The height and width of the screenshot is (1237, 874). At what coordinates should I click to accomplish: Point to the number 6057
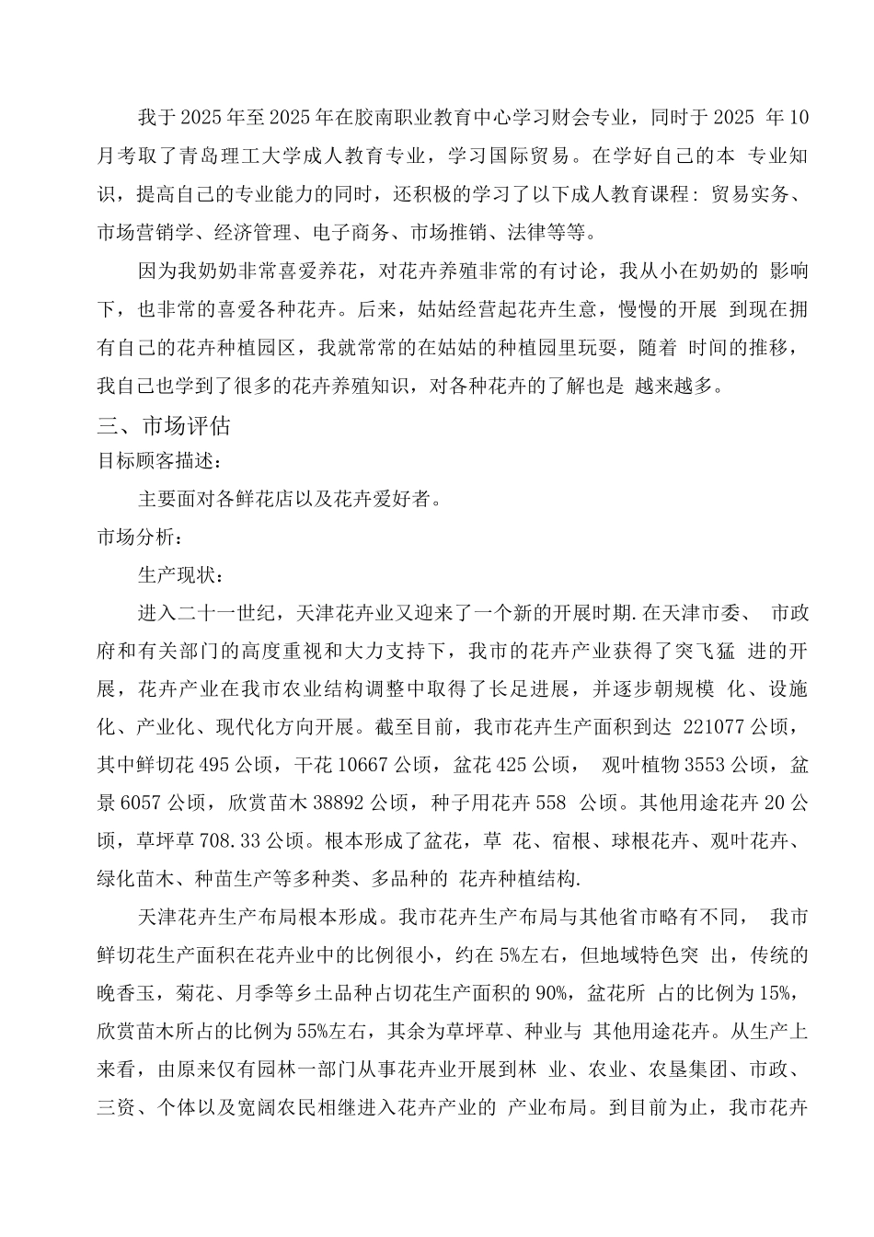pos(142,803)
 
